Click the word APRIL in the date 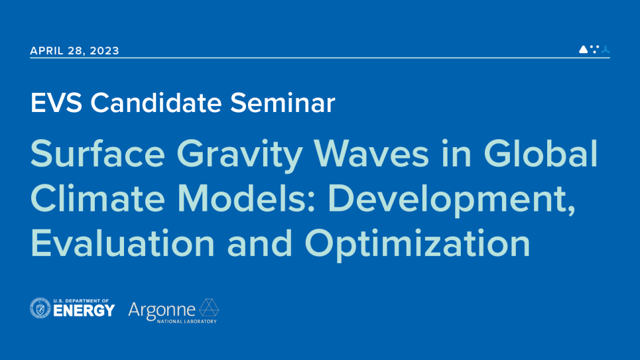pyautogui.click(x=48, y=51)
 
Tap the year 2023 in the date pyautogui.click(x=104, y=51)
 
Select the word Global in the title pyautogui.click(x=541, y=154)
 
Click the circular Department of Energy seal pyautogui.click(x=40, y=308)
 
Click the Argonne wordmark pyautogui.click(x=162, y=309)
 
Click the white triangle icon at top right pyautogui.click(x=583, y=49)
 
